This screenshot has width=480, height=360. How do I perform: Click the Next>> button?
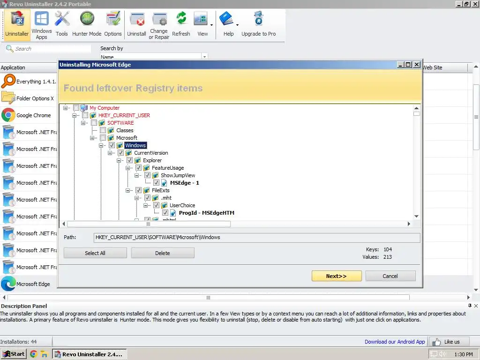point(336,276)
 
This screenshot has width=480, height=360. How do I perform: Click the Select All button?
point(95,253)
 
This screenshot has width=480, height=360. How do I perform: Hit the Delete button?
point(163,253)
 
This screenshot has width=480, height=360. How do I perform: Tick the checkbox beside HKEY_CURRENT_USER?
point(85,115)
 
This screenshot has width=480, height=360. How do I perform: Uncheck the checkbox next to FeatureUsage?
point(138,168)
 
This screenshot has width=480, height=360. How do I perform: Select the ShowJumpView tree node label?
point(178,175)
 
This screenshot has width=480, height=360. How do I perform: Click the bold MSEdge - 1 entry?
point(184,183)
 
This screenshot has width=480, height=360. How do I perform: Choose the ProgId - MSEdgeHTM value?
point(206,213)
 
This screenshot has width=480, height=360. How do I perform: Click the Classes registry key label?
point(125,130)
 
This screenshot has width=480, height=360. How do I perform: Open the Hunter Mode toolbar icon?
point(87,24)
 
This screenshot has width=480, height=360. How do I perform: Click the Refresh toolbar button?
point(181,24)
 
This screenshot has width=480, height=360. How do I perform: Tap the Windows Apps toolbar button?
point(42,24)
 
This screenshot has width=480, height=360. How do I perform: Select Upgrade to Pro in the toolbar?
point(258,24)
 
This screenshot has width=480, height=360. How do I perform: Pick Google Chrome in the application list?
point(33,115)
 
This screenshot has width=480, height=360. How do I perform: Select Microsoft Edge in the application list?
point(33,284)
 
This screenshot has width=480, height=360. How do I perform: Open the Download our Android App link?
point(395,342)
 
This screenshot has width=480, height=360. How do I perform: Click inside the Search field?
point(52,49)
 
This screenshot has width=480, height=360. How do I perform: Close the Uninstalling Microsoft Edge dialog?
point(417,65)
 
